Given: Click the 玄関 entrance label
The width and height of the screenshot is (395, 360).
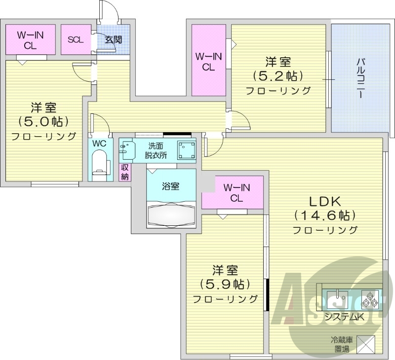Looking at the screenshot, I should [x=114, y=39].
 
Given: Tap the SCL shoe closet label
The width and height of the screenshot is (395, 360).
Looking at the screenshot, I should [x=76, y=39].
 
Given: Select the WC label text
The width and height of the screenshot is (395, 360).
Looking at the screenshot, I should [x=99, y=144].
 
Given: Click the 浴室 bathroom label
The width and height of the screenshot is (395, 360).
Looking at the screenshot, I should [x=171, y=186].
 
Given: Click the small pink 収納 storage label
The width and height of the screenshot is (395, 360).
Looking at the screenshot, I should [x=125, y=171].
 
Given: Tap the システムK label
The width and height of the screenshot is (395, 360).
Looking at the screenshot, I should [x=344, y=317].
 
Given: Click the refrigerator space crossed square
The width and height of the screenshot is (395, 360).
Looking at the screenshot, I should [x=365, y=344].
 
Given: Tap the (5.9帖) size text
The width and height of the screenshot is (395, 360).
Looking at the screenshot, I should [x=225, y=284].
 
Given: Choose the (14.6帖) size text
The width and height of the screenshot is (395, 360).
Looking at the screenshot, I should [x=325, y=215].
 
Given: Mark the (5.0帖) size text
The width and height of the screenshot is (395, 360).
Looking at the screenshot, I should [x=43, y=121].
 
